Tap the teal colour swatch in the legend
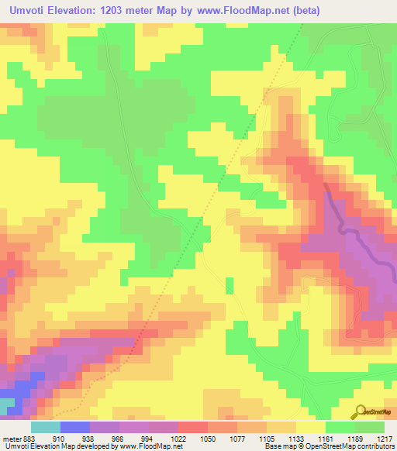[x=46, y=427]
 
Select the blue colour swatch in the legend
[x=75, y=427]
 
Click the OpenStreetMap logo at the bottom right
[x=373, y=411]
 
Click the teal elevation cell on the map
[x=6, y=405]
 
